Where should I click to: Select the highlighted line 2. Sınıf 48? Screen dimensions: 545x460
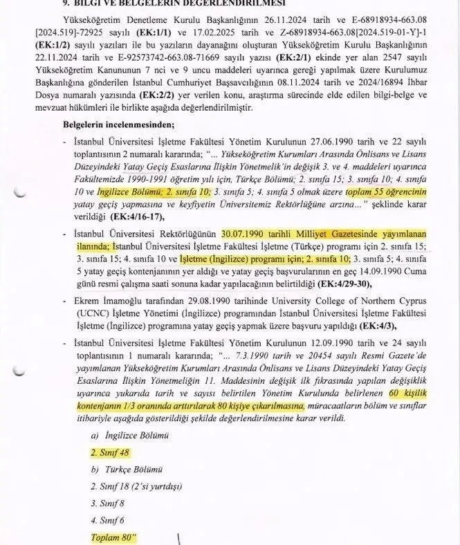click(110, 452)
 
